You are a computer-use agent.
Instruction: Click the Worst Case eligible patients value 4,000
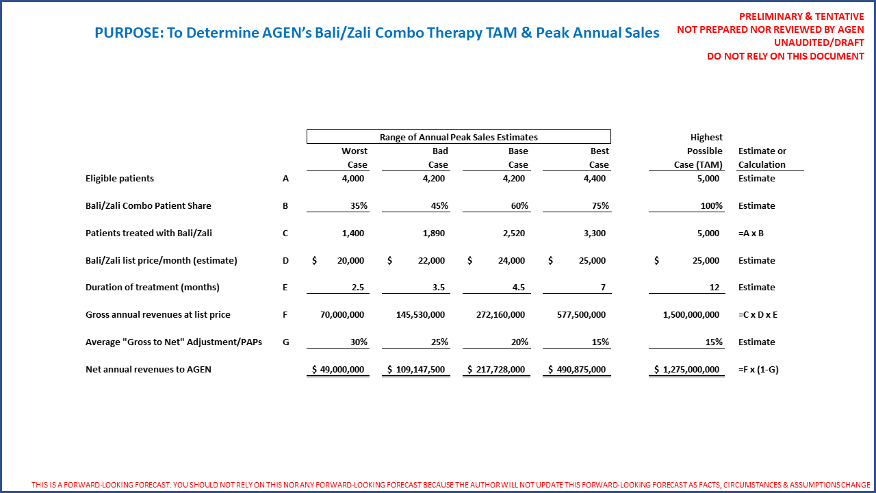click(x=353, y=179)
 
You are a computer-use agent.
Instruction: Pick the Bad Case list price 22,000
click(x=431, y=261)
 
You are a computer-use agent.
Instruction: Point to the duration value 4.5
click(x=518, y=288)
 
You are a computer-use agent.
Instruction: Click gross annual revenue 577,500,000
click(x=581, y=315)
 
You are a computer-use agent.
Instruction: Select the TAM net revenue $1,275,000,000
click(x=686, y=370)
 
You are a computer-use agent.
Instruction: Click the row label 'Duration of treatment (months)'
click(x=152, y=288)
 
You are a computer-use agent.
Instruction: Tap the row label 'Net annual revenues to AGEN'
click(x=148, y=370)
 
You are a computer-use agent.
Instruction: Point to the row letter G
click(x=285, y=342)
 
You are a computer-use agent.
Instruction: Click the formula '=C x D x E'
click(x=758, y=315)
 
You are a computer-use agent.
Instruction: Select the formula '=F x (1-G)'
click(x=758, y=370)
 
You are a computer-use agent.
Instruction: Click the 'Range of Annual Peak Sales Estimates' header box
click(x=459, y=137)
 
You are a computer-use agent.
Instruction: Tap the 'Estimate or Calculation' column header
click(x=762, y=157)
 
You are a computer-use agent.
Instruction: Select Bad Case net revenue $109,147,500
click(x=416, y=370)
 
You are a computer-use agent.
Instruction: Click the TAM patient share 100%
click(x=712, y=206)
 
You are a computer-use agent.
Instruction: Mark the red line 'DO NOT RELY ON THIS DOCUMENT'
click(x=785, y=56)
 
